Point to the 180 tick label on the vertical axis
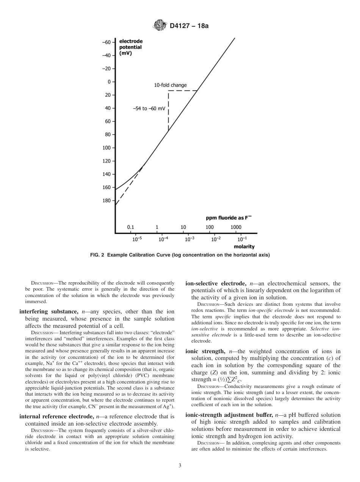[106, 200]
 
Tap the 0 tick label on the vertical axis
[109, 82]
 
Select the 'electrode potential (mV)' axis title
[130, 47]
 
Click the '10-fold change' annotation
[170, 85]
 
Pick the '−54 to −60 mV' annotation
[149, 108]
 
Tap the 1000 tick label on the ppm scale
[236, 227]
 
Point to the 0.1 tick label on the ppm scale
[130, 227]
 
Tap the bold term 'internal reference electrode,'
[56, 416]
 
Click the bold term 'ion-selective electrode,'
[216, 283]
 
